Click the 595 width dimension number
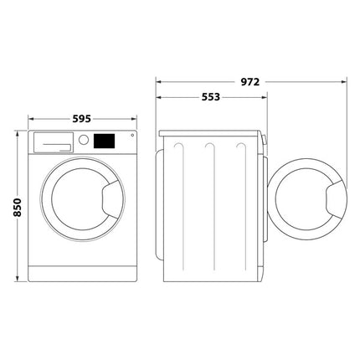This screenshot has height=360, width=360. [81, 119]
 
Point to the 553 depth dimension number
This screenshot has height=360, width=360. [211, 97]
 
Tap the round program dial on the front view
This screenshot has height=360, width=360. [84, 142]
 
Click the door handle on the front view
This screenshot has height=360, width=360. [110, 199]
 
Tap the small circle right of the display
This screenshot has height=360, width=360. [130, 138]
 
